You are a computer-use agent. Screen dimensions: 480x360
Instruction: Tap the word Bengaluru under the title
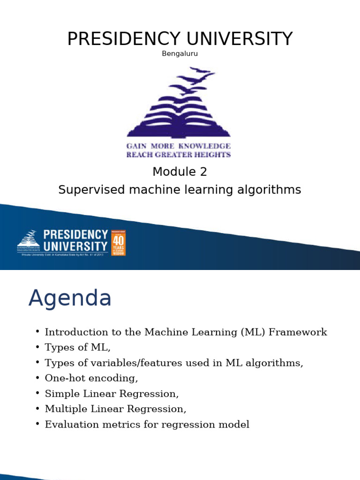[x=180, y=53]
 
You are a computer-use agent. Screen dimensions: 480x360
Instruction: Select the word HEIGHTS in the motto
[x=213, y=154]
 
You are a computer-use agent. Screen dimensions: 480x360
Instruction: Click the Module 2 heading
[x=180, y=172]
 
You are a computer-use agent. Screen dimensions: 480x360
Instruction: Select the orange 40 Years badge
[x=118, y=242]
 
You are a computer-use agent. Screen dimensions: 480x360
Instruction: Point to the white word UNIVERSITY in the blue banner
[x=75, y=246]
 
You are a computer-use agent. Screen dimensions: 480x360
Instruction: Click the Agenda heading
[x=70, y=298]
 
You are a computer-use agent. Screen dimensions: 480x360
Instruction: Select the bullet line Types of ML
[x=77, y=348]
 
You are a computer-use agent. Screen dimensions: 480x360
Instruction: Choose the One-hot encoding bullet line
[x=91, y=378]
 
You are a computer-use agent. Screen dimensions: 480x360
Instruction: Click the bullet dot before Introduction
[x=37, y=332]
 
